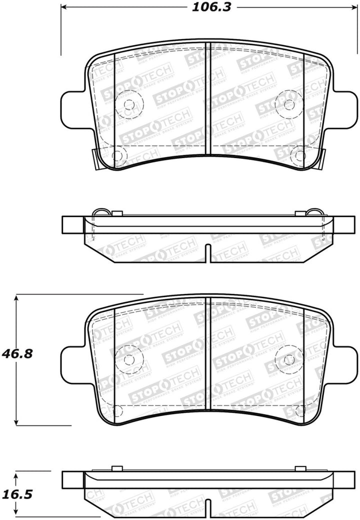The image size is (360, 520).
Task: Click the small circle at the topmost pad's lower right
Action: coord(299,155)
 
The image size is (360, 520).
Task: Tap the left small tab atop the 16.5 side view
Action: coord(117,468)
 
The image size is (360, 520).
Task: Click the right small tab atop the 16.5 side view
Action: coord(300,468)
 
